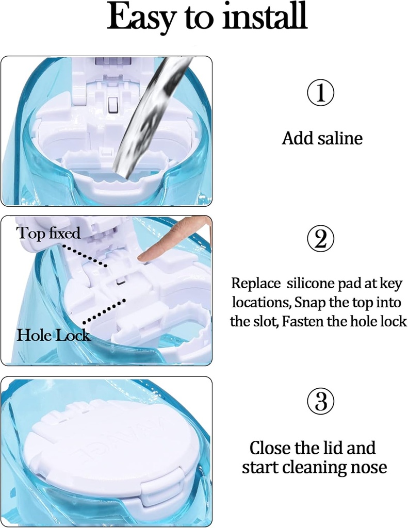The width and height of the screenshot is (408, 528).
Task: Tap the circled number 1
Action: coord(321,93)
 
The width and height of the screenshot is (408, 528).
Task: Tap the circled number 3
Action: coord(321,400)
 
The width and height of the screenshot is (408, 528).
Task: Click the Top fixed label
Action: coord(49,233)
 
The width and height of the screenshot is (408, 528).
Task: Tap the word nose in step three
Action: coord(367,467)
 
